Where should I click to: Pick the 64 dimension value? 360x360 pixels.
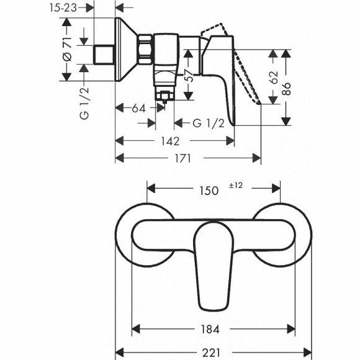coord(138,108)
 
